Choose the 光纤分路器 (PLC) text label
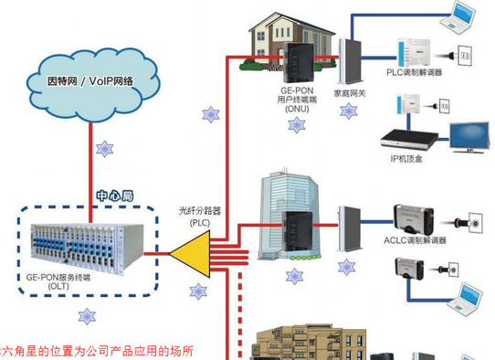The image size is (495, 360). [x=200, y=215]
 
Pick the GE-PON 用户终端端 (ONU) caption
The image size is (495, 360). [x=298, y=99]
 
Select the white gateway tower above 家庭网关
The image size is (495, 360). [x=348, y=60]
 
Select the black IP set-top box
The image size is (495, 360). [x=408, y=138]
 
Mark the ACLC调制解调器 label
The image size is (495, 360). [x=416, y=240]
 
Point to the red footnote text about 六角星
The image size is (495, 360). [x=96, y=351]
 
